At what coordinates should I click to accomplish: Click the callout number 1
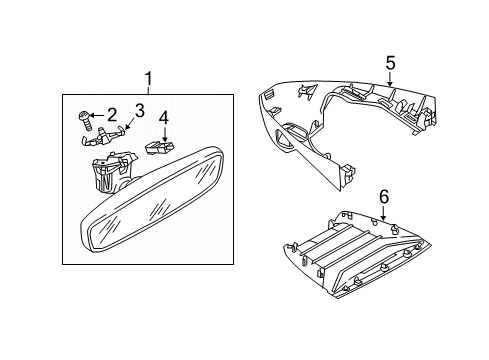[149, 79]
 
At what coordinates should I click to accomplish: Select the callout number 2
[112, 115]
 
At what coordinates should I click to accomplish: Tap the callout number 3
[139, 110]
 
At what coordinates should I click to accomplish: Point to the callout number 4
[164, 119]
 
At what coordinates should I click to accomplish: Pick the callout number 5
[390, 63]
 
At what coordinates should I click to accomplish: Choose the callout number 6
[384, 197]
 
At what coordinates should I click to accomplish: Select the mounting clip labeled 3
[103, 136]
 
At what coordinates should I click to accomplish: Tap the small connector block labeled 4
[160, 147]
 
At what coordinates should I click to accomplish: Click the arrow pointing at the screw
[97, 115]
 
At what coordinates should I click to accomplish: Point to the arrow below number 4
[164, 134]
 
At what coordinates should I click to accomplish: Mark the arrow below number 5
[390, 79]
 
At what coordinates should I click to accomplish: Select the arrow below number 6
[384, 213]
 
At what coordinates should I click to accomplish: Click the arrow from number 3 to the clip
[129, 125]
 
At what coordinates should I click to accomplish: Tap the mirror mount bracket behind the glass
[113, 172]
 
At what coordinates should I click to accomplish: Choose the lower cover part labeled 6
[357, 255]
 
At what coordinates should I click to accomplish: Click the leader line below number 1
[149, 90]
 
